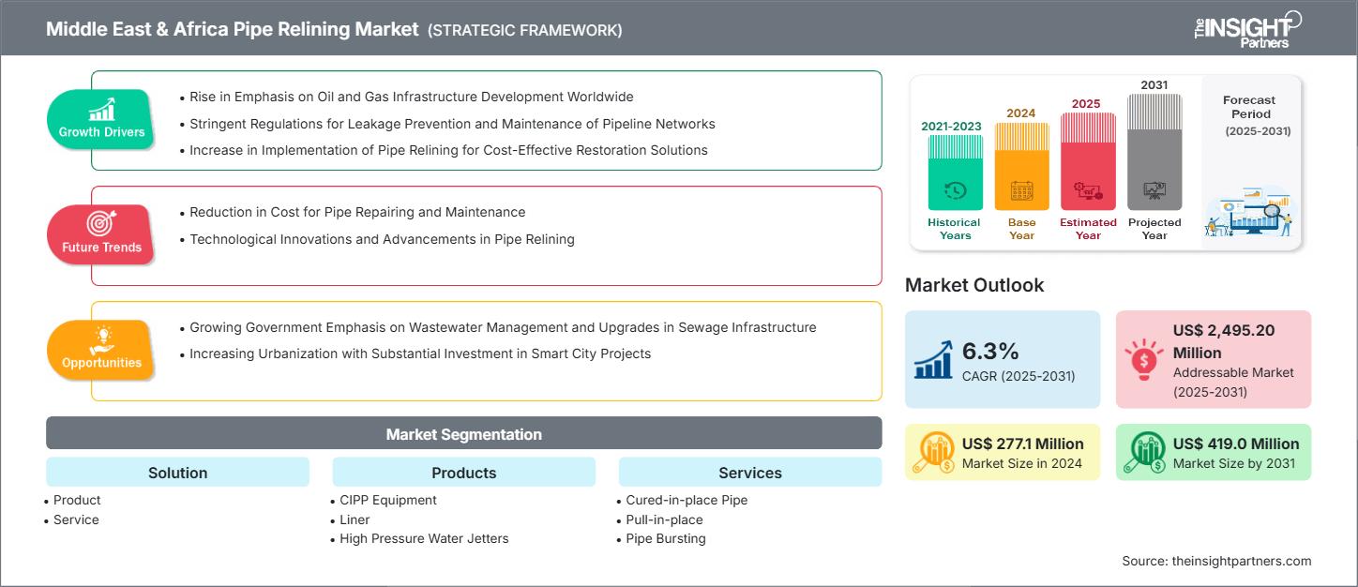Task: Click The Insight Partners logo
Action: tap(1247, 28)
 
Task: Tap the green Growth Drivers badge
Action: tap(101, 120)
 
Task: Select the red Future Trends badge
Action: tap(100, 234)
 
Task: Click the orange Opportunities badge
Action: tap(101, 350)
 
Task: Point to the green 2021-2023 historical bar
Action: tap(955, 173)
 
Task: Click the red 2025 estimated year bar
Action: tap(1088, 161)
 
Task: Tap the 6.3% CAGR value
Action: tap(990, 351)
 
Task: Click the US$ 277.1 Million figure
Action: tap(1022, 444)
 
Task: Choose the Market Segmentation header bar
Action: tap(463, 434)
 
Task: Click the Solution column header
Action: tap(177, 473)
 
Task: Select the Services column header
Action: tap(749, 473)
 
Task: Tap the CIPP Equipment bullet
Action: tap(387, 500)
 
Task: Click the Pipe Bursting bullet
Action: tap(665, 538)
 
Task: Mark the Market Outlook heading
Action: tap(973, 285)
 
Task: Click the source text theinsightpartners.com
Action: tap(1215, 561)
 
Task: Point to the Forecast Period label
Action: tap(1248, 107)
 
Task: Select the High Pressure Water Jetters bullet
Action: tap(424, 538)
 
